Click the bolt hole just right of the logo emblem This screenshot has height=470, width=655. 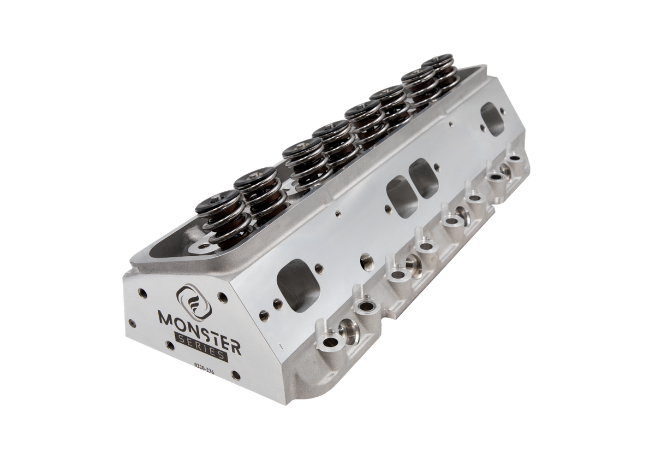point(222,297)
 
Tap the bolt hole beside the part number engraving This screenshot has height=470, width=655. point(234,375)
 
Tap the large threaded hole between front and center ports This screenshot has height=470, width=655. point(364,256)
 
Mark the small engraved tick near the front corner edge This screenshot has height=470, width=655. point(279,346)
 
